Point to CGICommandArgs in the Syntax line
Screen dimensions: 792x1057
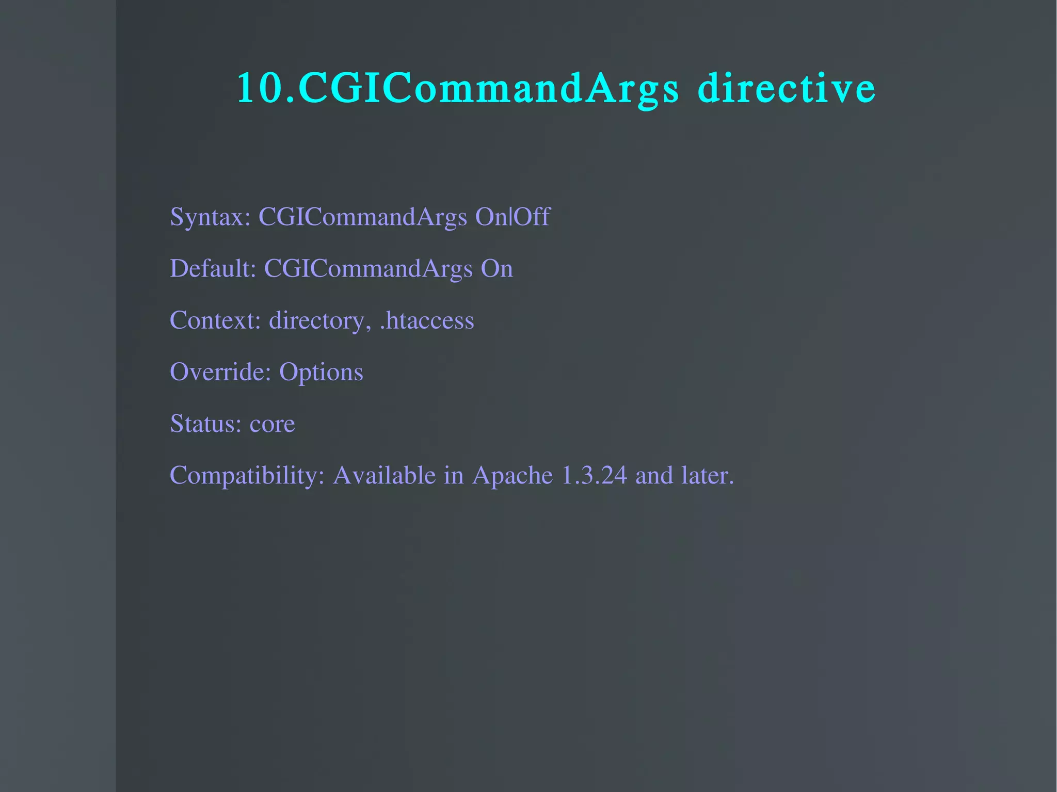[x=362, y=217]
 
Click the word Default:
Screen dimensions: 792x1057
[x=213, y=268]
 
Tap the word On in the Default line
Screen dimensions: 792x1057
[x=497, y=268]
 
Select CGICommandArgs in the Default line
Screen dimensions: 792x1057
[x=368, y=269]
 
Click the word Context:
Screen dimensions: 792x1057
[x=215, y=320]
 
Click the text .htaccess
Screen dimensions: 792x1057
[x=426, y=320]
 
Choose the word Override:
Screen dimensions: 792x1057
[x=220, y=371]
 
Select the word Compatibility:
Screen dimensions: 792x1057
[x=247, y=475]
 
